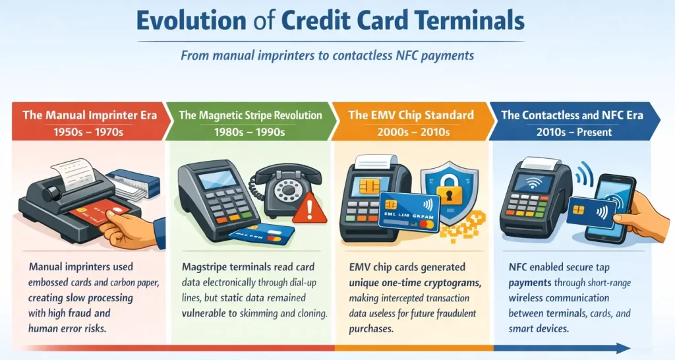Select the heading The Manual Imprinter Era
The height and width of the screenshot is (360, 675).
90,115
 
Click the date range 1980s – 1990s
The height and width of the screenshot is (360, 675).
250,132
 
